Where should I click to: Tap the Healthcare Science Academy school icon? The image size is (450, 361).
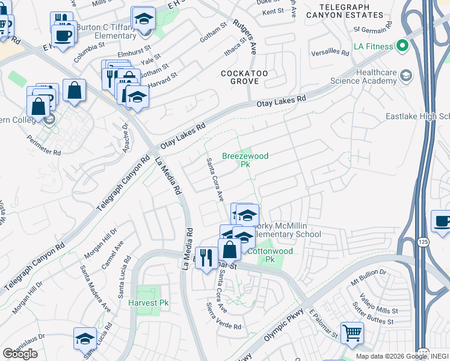click(407, 75)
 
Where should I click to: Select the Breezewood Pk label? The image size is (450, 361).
click(245, 159)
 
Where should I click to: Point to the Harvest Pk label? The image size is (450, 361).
click(148, 303)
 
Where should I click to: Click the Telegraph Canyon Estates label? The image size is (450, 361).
click(344, 10)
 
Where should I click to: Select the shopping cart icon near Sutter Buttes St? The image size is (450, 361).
click(352, 332)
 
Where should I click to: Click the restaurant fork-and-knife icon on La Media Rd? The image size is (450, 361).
click(206, 258)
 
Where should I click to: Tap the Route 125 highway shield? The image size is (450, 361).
click(424, 241)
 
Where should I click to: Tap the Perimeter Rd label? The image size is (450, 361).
click(44, 145)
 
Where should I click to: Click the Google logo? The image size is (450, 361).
click(20, 353)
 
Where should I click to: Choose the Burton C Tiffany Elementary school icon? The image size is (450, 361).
click(143, 19)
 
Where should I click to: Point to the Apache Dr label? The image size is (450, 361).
click(126, 138)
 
